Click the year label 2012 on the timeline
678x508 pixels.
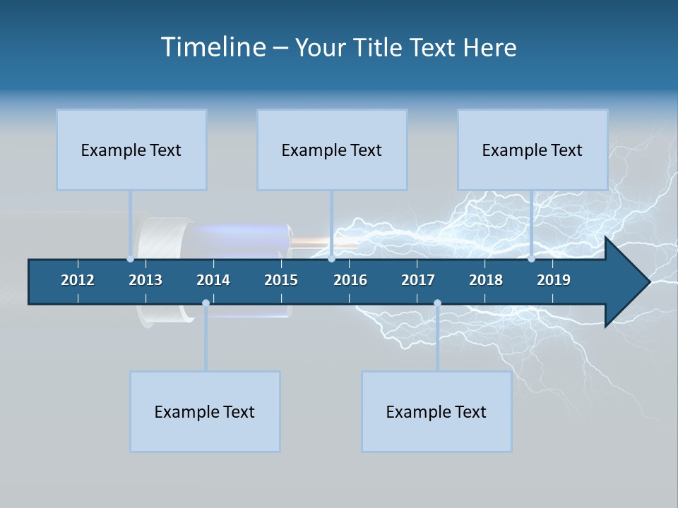click(78, 280)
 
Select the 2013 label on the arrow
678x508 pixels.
click(145, 280)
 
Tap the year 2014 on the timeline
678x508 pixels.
click(213, 280)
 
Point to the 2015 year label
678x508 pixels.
click(281, 280)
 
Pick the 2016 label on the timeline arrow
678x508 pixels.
click(350, 280)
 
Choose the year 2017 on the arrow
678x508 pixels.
click(418, 280)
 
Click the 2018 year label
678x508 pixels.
click(486, 280)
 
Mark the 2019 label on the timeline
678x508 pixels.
click(554, 280)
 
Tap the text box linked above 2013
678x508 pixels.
click(131, 150)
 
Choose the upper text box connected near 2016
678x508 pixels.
click(332, 150)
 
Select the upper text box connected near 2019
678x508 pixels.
click(533, 150)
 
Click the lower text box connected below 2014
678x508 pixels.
click(205, 411)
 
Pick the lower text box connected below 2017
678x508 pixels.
click(436, 411)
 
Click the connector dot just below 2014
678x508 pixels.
click(206, 303)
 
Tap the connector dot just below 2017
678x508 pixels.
click(437, 303)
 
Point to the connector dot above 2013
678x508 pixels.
click(130, 259)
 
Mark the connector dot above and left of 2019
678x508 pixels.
click(531, 259)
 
